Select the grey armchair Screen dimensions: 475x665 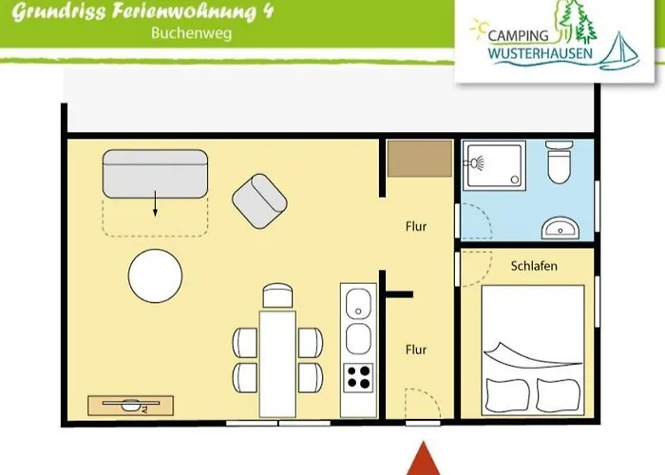[x=259, y=200]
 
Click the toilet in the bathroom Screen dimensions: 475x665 [x=559, y=165]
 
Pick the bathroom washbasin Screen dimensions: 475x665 [x=560, y=227]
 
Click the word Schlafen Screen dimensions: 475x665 [x=533, y=266]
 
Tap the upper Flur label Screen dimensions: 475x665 [x=415, y=227]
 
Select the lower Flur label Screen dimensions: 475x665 [x=415, y=350]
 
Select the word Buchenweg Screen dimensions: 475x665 [x=191, y=32]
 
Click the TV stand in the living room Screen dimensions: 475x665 [x=131, y=405]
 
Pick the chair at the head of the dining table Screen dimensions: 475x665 [x=275, y=295]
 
